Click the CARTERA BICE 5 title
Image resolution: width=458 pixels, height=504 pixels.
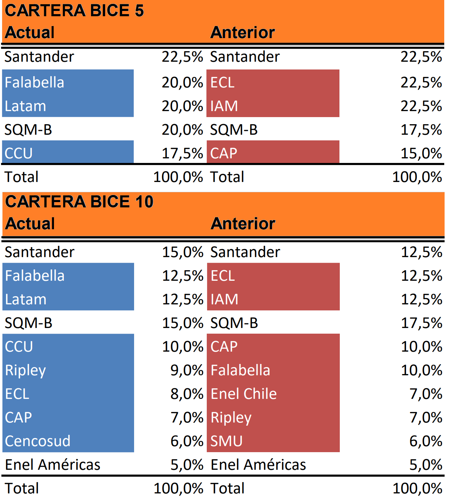tap(74, 11)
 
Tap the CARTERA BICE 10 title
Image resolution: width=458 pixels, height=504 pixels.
tap(79, 202)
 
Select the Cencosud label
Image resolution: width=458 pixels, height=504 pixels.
tap(38, 441)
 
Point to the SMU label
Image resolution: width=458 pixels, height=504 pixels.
tap(227, 441)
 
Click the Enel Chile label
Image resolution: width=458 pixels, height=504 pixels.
tap(243, 394)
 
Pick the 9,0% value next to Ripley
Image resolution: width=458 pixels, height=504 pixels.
tap(187, 370)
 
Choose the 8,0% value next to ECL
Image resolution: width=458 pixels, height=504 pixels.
tap(187, 394)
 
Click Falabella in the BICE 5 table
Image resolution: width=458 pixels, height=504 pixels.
tap(34, 83)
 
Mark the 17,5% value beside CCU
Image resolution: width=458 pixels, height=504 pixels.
tap(182, 153)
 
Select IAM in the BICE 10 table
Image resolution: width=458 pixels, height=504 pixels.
tap(224, 299)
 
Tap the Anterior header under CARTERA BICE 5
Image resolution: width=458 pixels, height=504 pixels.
tap(242, 32)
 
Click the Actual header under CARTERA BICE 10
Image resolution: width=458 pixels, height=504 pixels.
tap(30, 224)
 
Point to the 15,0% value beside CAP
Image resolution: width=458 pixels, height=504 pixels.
tap(421, 153)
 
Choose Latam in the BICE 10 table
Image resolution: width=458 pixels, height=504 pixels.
tap(26, 299)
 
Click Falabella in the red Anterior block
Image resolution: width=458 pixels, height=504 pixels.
tap(240, 370)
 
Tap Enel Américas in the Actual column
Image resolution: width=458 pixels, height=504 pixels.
tap(53, 465)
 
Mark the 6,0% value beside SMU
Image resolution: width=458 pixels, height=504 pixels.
tap(426, 441)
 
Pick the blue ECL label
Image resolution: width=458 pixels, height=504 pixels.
tap(17, 394)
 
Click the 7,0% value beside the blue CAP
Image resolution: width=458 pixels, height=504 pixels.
tap(187, 418)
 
